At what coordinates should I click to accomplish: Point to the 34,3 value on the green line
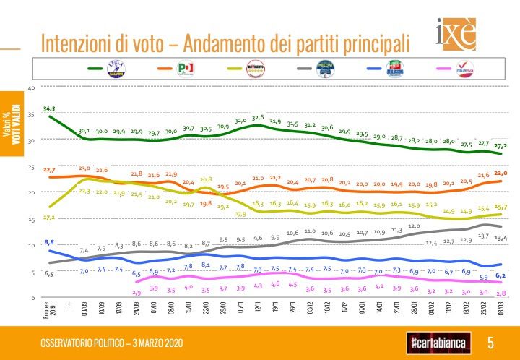point(49,109)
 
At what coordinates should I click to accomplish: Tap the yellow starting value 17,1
point(48,217)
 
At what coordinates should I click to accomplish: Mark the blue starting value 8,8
point(48,241)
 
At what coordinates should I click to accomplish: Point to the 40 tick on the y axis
point(31,88)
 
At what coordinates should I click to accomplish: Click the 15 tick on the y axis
point(31,220)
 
